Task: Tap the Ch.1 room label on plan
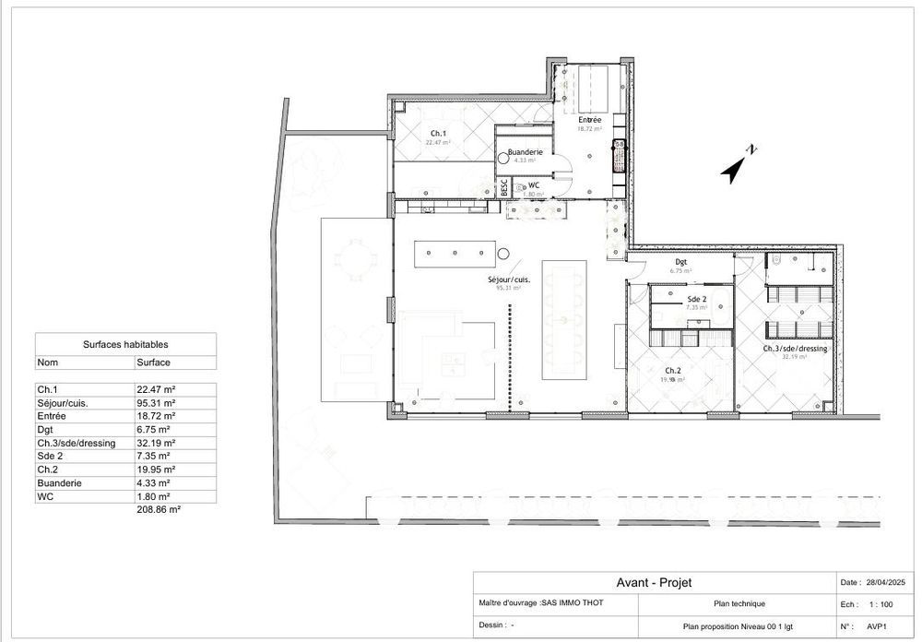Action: [437, 134]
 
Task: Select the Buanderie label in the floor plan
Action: [524, 151]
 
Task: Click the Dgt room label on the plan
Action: [680, 262]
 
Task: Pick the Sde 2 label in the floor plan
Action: [696, 300]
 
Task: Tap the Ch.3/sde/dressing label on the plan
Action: [794, 350]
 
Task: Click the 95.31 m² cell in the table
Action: [153, 403]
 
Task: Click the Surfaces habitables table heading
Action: [125, 344]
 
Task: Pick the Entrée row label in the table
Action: [52, 416]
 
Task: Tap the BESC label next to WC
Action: [503, 185]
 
